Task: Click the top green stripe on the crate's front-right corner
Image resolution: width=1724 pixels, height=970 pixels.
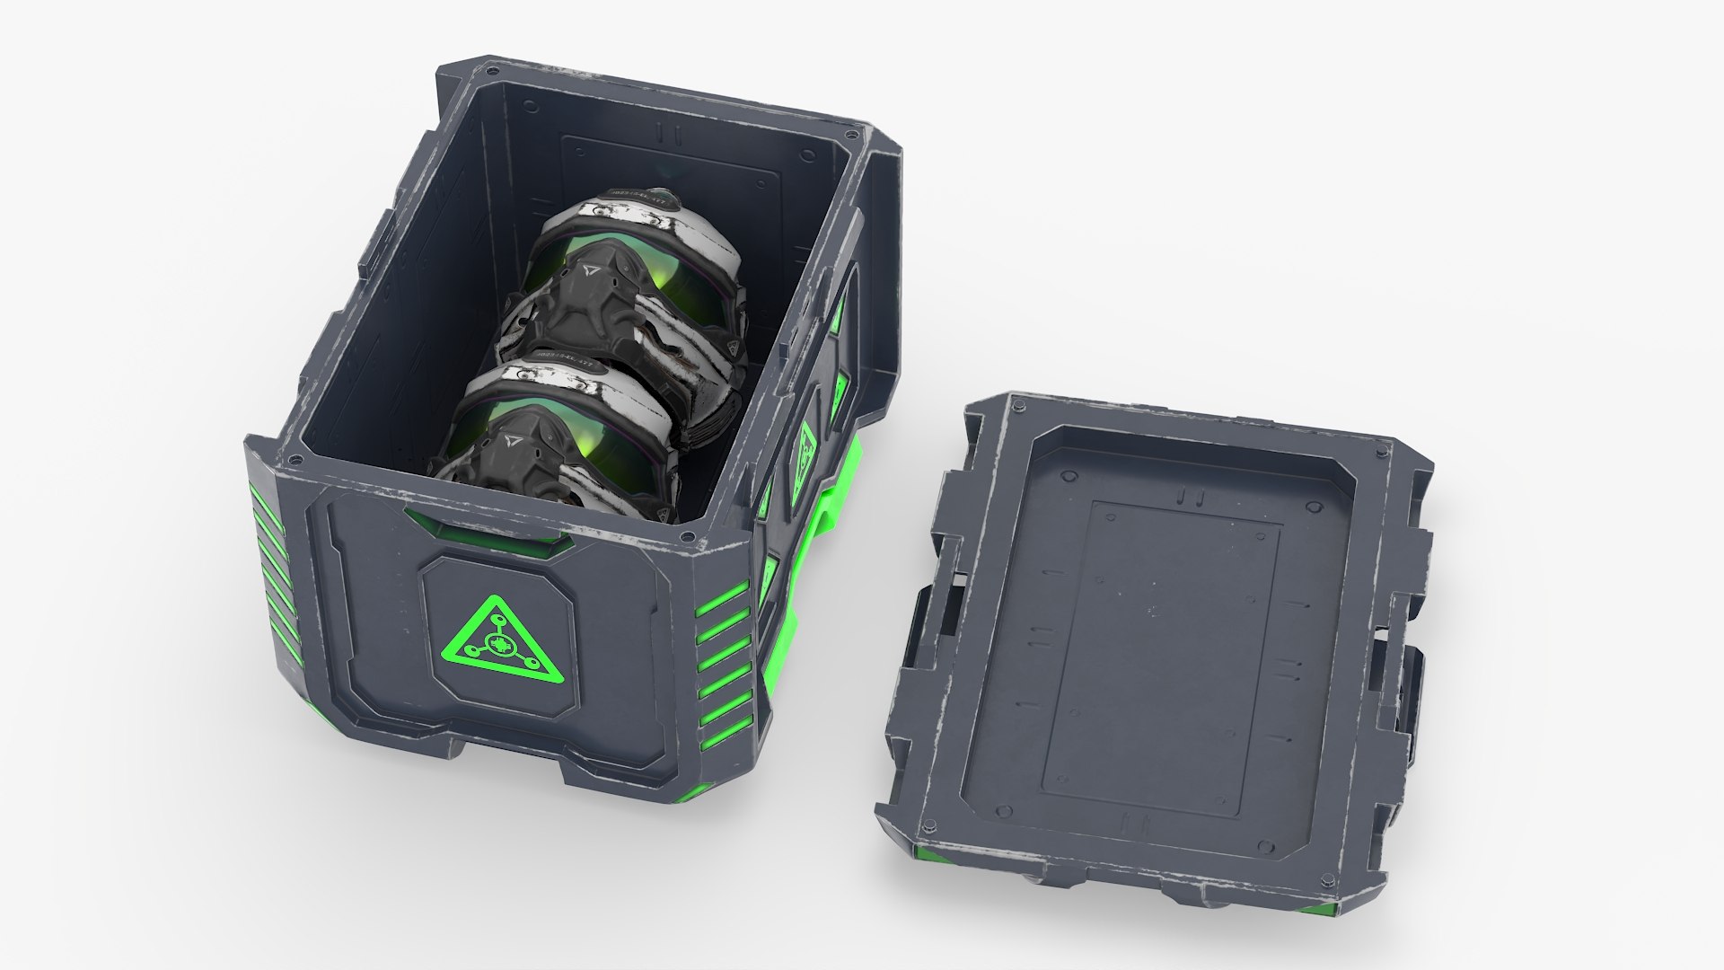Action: click(x=724, y=595)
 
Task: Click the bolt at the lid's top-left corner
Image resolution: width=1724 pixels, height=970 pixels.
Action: click(x=1021, y=410)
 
